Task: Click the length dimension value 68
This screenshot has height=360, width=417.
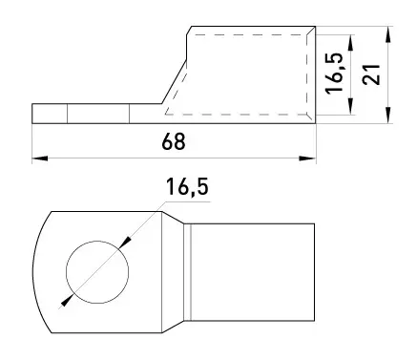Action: point(174,141)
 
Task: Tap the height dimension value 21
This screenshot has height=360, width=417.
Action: point(371,74)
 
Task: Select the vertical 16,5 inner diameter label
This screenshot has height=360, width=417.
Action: point(334,73)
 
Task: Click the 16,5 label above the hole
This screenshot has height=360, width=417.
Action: point(187,187)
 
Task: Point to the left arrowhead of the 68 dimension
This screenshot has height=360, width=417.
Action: point(40,159)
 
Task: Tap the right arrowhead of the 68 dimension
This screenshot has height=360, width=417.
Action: point(307,159)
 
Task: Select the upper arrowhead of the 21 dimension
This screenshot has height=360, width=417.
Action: point(387,34)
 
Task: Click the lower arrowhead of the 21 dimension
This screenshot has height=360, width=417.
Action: point(387,116)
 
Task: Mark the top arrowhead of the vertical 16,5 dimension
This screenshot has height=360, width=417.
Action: point(350,42)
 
